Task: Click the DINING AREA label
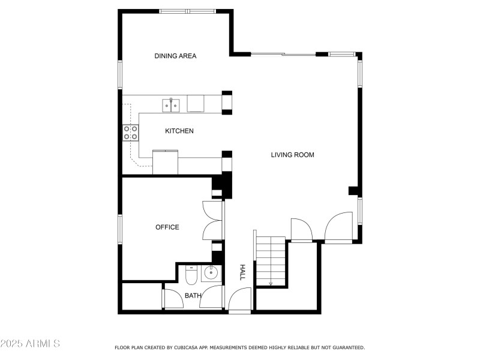[x=175, y=56]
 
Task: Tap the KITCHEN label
[x=179, y=131]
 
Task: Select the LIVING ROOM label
[x=292, y=155]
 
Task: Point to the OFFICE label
[x=167, y=227]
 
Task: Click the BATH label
[x=193, y=296]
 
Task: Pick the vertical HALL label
[x=242, y=272]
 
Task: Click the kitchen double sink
[x=171, y=106]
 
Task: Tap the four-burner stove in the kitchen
[x=131, y=133]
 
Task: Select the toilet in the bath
[x=191, y=275]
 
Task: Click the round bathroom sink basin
[x=211, y=272]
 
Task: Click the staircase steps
[x=271, y=261]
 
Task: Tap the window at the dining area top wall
[x=188, y=11]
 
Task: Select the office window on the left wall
[x=120, y=229]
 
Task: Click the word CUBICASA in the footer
[x=185, y=347]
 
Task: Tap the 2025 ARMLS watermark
[x=30, y=343]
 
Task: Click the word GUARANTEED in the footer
[x=349, y=347]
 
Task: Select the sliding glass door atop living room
[x=283, y=55]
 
